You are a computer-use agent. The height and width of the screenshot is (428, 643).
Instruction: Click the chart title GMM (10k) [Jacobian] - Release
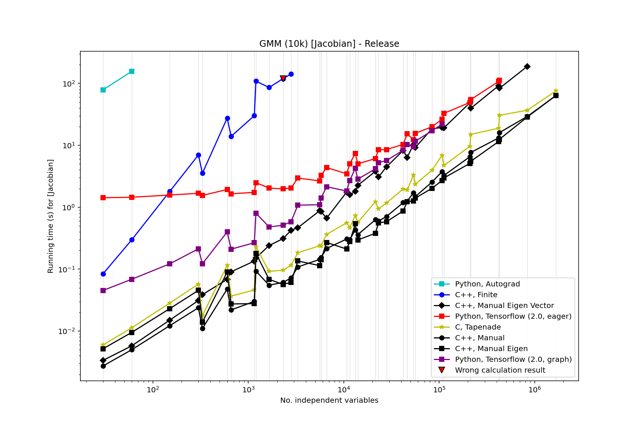(x=329, y=44)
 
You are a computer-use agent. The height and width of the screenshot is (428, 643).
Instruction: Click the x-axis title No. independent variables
(x=329, y=401)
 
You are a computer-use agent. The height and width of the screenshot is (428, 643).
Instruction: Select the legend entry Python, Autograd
(x=487, y=284)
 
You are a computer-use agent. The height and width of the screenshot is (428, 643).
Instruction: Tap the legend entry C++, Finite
(x=476, y=295)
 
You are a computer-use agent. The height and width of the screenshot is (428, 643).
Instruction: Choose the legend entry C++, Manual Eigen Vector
(x=504, y=306)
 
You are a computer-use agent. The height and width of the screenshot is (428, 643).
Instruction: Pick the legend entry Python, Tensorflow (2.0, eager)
(x=513, y=317)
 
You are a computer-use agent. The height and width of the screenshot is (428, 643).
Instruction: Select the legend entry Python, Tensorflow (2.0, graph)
(x=513, y=360)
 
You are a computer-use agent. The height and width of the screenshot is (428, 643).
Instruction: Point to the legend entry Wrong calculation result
(x=500, y=370)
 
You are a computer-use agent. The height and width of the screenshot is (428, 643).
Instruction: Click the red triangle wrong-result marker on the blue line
(x=283, y=78)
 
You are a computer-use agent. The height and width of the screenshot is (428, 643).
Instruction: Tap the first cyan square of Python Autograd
(x=103, y=90)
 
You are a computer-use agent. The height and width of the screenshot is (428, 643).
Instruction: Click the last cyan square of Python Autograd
(x=132, y=71)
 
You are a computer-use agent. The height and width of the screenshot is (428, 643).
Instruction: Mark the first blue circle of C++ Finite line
(x=103, y=274)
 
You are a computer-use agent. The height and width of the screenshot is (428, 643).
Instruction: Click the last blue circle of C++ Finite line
(x=291, y=74)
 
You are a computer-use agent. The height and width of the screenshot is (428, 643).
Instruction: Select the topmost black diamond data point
(x=527, y=67)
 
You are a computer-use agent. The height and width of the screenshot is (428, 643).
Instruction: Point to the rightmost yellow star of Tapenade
(x=556, y=91)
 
